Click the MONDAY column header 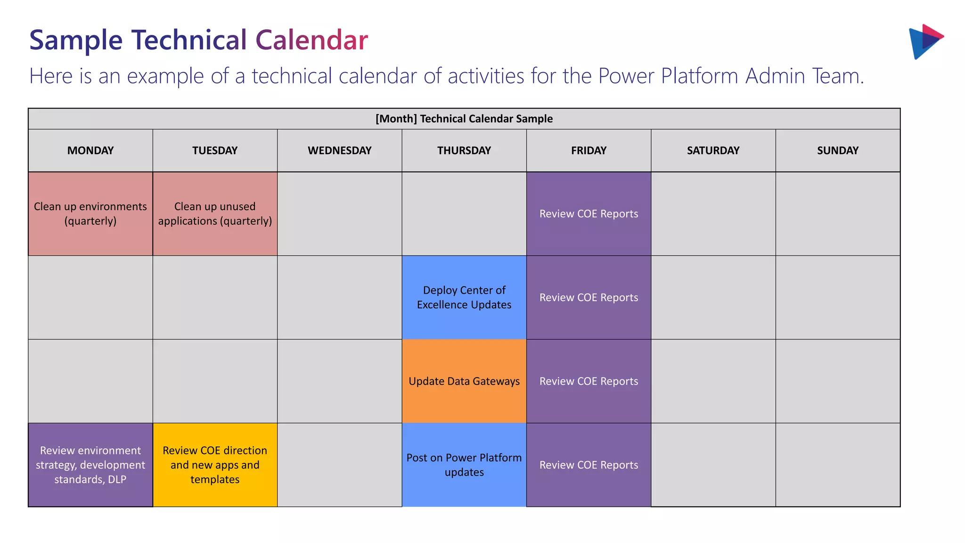click(90, 150)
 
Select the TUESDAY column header click(215, 150)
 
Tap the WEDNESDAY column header click(339, 150)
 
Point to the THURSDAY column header click(464, 150)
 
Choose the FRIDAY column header click(589, 150)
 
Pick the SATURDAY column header click(713, 150)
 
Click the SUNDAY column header click(837, 150)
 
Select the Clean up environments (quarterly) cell click(90, 214)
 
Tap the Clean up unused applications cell click(215, 214)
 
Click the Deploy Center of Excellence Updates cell click(464, 297)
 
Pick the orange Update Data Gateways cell click(464, 381)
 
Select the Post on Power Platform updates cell click(464, 465)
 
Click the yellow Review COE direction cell click(215, 465)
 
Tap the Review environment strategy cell click(90, 465)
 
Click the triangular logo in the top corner click(925, 41)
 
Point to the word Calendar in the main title click(311, 40)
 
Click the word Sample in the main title click(76, 40)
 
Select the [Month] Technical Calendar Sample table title click(464, 119)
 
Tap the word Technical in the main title click(189, 40)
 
